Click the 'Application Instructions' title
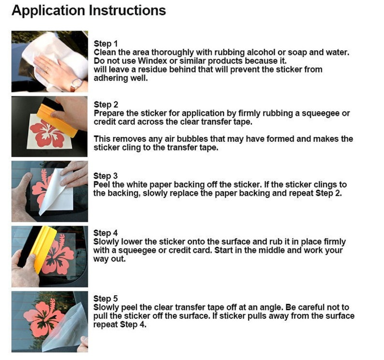(x=89, y=11)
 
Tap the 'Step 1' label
(x=105, y=44)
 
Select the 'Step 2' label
(x=106, y=105)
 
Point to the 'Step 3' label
(x=105, y=176)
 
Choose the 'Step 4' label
(x=105, y=233)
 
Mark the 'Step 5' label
(x=105, y=299)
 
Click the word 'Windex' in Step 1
(x=152, y=61)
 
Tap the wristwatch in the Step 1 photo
(x=76, y=84)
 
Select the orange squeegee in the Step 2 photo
(x=57, y=120)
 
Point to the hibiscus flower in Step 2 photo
(x=47, y=134)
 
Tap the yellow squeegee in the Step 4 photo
(x=43, y=249)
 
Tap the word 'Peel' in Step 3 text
(x=101, y=184)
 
